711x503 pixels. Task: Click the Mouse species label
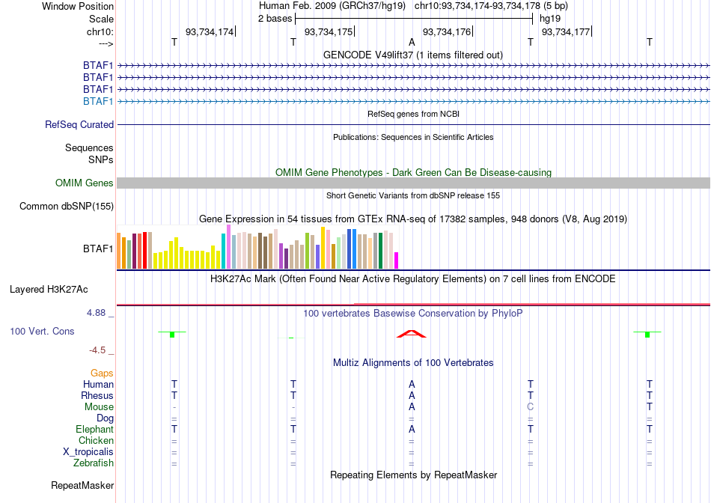[x=99, y=407]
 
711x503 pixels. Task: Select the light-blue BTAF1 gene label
[x=98, y=101]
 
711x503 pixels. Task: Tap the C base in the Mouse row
[x=531, y=407]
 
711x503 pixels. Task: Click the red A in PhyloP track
[x=412, y=334]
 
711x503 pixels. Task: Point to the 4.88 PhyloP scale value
[x=96, y=313]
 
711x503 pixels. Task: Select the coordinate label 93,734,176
[x=447, y=31]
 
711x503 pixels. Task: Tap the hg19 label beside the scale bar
[x=550, y=19]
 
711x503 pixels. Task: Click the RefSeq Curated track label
[x=79, y=125]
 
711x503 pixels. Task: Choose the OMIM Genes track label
[x=85, y=183]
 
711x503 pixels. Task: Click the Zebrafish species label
[x=94, y=463]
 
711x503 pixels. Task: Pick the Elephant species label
[x=95, y=429]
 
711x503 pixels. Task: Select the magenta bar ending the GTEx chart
[x=397, y=260]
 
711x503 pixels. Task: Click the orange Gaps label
[x=102, y=373]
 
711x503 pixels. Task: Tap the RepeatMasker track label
[x=82, y=485]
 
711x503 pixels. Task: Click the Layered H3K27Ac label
[x=49, y=290]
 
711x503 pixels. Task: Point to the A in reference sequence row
[x=412, y=42]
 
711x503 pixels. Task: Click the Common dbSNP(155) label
[x=67, y=207]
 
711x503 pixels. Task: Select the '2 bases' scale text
[x=275, y=19]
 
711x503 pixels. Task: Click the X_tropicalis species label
[x=88, y=452]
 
